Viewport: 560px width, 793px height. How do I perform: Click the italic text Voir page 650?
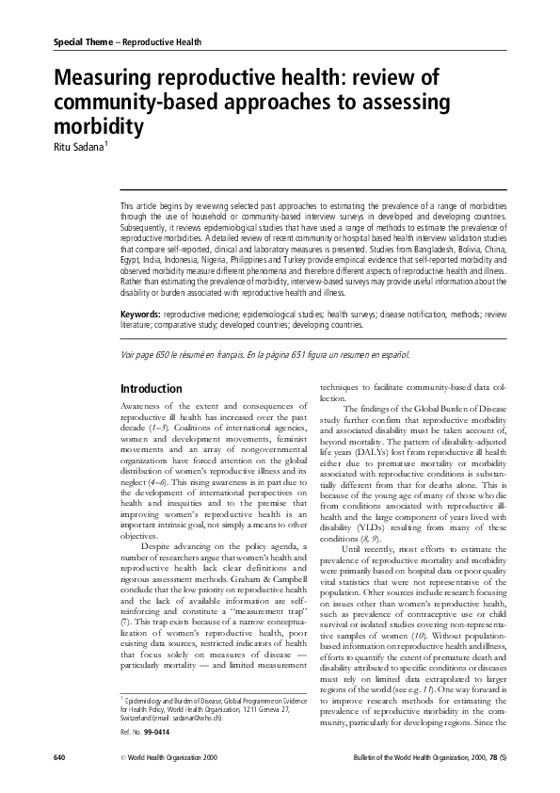point(150,355)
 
